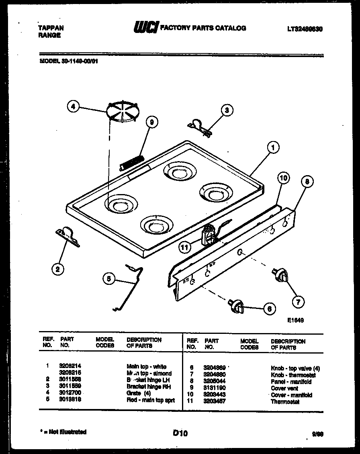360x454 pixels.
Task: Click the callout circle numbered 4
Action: (x=73, y=107)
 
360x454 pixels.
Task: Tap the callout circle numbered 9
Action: (x=152, y=123)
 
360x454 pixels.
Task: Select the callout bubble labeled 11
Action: (x=184, y=247)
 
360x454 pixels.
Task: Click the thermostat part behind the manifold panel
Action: (x=210, y=235)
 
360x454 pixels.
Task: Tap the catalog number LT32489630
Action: (x=305, y=29)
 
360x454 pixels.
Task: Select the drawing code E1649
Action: (x=295, y=321)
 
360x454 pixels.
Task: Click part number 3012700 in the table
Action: (x=70, y=393)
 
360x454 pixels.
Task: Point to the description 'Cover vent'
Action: (x=284, y=389)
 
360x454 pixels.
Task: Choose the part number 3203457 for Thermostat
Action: (x=214, y=401)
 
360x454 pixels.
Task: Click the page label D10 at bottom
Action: (x=180, y=433)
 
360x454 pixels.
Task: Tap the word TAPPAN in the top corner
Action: (x=51, y=28)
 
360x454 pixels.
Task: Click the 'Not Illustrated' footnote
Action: (x=64, y=432)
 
